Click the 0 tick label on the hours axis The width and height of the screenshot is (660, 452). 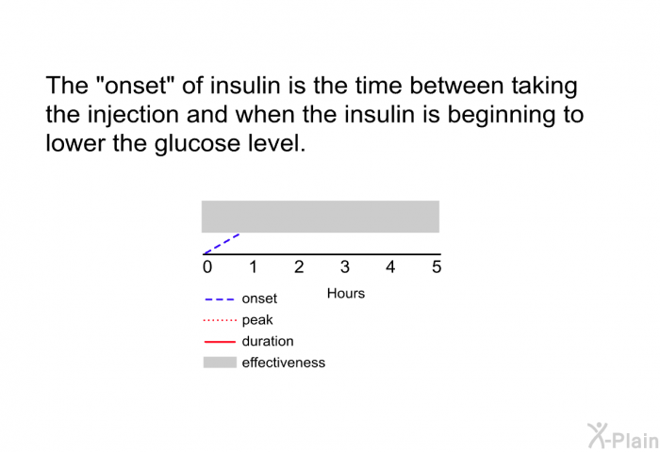click(x=207, y=267)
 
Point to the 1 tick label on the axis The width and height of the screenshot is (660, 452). click(x=253, y=267)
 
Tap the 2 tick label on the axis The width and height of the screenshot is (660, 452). click(x=299, y=267)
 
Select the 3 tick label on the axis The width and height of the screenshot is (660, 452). click(x=345, y=267)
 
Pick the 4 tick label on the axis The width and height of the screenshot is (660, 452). click(x=390, y=267)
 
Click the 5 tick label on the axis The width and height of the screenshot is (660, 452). click(x=437, y=267)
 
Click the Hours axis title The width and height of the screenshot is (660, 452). click(x=346, y=294)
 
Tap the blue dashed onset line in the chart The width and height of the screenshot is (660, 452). click(x=222, y=244)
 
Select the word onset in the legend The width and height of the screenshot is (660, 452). click(x=259, y=299)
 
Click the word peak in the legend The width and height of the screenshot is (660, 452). click(x=257, y=320)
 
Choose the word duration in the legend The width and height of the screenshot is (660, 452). click(x=268, y=341)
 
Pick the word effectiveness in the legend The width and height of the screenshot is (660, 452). click(x=283, y=363)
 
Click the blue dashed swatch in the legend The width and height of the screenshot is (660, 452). click(x=219, y=299)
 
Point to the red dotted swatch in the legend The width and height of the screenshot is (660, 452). click(x=220, y=321)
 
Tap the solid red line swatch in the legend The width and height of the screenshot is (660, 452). click(x=220, y=342)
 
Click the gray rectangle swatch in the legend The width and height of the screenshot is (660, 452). click(x=220, y=363)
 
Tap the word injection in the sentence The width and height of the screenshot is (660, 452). click(x=134, y=115)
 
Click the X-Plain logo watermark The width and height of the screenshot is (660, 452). click(x=623, y=436)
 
